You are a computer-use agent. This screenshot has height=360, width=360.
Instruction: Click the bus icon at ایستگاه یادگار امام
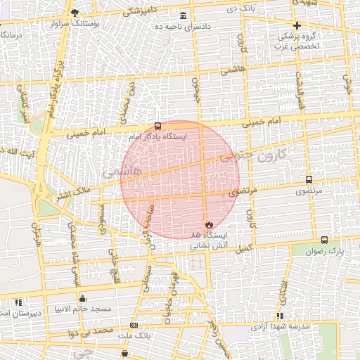pos(156,127)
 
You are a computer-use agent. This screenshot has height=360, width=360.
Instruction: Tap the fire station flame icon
pos(208,224)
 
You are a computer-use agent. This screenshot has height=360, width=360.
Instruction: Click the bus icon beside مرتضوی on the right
pos(309,180)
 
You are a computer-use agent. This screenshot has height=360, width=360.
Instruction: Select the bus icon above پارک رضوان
pos(323,240)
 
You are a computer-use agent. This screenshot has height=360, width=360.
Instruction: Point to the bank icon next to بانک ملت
pos(134,325)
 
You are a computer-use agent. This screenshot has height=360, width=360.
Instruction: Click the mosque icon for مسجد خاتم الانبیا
pos(83,297)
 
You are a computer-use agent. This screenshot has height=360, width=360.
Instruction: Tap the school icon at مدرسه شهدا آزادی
pos(280,316)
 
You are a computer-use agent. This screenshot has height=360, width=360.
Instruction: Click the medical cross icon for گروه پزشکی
pos(297,25)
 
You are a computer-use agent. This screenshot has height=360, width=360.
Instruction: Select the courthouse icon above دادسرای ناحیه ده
pos(184,15)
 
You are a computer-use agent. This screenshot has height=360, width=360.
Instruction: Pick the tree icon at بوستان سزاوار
pos(76,12)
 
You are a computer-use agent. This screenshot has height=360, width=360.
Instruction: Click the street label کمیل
pos(244,247)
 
